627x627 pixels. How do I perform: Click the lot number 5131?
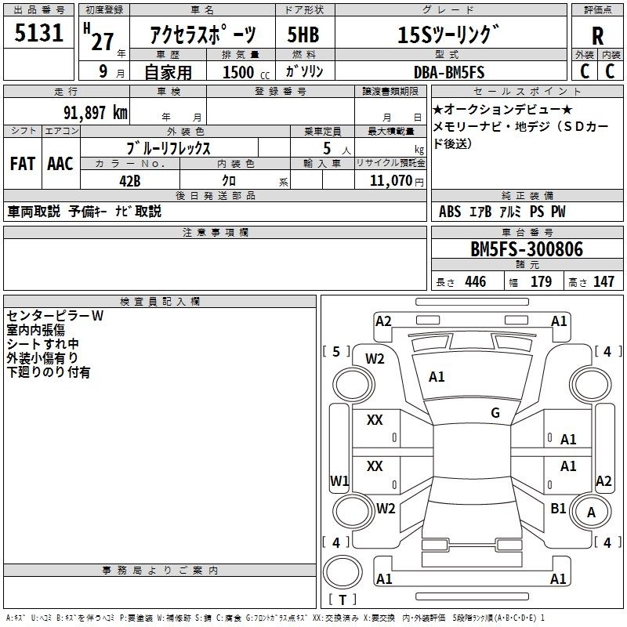click(38, 33)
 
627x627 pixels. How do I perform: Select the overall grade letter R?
click(597, 35)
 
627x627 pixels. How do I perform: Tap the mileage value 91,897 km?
click(96, 112)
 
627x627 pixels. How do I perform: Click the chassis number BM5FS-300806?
click(527, 249)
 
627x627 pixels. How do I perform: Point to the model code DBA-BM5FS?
click(449, 72)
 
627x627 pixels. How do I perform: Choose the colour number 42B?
click(130, 181)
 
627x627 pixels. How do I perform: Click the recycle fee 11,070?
click(390, 181)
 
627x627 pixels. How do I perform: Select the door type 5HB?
click(303, 34)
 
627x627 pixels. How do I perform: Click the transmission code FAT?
click(23, 164)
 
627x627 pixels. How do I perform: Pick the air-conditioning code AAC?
click(60, 164)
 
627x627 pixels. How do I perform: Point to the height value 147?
click(603, 281)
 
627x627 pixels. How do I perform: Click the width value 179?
click(541, 281)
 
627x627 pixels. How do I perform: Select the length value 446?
click(476, 281)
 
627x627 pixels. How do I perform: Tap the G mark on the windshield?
click(495, 412)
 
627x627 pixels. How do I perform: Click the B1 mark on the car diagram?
click(558, 508)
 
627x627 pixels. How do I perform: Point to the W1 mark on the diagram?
click(339, 480)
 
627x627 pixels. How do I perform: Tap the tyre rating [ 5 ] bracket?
click(336, 351)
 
